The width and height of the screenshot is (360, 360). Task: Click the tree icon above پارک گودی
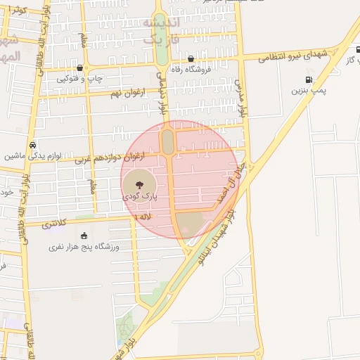tap(139, 185)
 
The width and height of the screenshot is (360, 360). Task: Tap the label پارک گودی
tap(141, 198)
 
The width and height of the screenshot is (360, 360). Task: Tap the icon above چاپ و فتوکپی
tap(79, 68)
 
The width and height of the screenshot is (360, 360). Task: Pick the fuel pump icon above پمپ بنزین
tap(309, 79)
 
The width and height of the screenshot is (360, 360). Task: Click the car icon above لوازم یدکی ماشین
tap(32, 145)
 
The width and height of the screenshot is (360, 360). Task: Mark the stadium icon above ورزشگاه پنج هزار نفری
tap(84, 236)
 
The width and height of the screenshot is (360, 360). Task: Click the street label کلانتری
tap(54, 224)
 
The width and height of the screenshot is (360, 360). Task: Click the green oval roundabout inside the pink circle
tap(169, 141)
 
